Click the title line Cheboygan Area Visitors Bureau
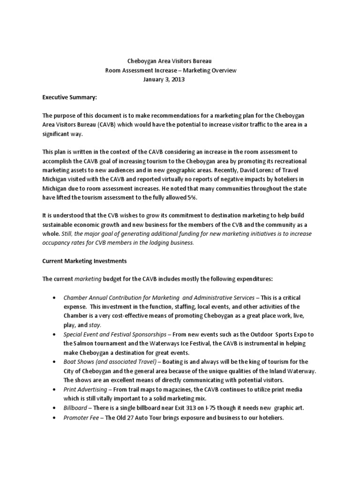[x=173, y=61]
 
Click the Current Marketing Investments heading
[x=84, y=260]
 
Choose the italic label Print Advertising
[x=86, y=389]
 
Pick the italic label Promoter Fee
[x=81, y=417]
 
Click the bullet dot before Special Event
[x=56, y=334]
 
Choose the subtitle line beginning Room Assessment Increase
[x=171, y=70]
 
